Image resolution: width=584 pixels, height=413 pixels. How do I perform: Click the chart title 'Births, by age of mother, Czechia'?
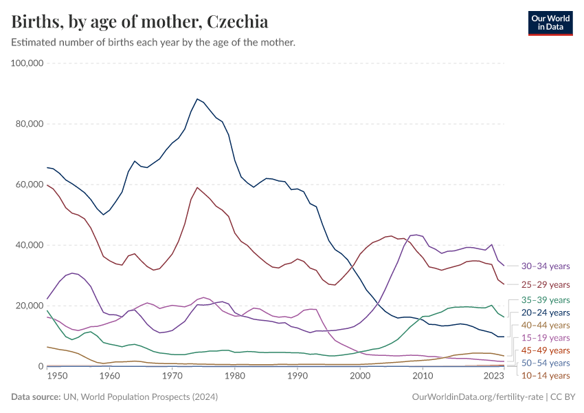pos(140,21)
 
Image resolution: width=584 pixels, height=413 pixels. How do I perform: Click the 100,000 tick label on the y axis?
pos(28,63)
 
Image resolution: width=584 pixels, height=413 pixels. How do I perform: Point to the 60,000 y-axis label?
pos(30,184)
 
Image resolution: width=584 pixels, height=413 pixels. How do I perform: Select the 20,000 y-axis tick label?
pos(30,306)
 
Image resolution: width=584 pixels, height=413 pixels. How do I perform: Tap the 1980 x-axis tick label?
pos(235,377)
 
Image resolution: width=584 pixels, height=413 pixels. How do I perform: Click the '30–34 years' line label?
pos(546,266)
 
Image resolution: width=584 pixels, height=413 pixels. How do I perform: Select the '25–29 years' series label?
pos(546,284)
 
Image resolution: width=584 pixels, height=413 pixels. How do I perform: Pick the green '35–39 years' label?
pos(546,299)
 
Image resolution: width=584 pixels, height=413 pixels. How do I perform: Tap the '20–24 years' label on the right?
pos(546,313)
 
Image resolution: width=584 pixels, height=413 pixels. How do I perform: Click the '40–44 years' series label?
pos(546,325)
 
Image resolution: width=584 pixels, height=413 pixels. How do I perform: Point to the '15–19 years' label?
pos(546,337)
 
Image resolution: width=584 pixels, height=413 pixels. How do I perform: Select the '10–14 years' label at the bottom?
pos(546,375)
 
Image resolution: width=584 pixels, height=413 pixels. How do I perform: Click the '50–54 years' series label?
pos(546,363)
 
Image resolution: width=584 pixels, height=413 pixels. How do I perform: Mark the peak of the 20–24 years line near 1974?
pos(198,99)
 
